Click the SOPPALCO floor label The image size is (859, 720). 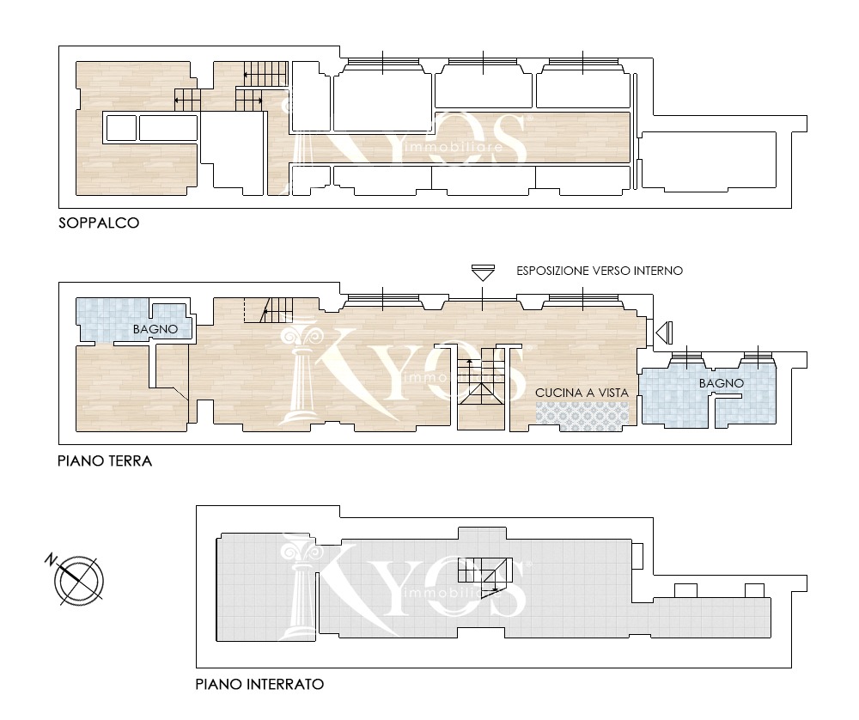click(99, 223)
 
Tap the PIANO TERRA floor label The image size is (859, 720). click(105, 461)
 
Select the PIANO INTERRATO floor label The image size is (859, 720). click(259, 684)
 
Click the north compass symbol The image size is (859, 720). click(79, 581)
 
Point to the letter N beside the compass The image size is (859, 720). click(51, 560)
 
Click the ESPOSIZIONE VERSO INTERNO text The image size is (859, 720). click(600, 271)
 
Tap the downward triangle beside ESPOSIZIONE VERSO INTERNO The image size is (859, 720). click(483, 273)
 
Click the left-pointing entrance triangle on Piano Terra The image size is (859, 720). click(664, 332)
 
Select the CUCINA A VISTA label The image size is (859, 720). click(582, 393)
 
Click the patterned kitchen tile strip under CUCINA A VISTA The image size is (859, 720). click(582, 413)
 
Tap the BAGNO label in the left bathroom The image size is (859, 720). click(155, 329)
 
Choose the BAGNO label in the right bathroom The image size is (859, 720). click(722, 383)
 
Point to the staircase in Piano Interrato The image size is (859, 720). click(484, 574)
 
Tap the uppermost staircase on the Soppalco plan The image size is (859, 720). click(265, 73)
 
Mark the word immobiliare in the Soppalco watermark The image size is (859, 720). click(453, 147)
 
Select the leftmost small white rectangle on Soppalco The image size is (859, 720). click(121, 128)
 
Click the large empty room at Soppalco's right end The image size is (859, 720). click(709, 160)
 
